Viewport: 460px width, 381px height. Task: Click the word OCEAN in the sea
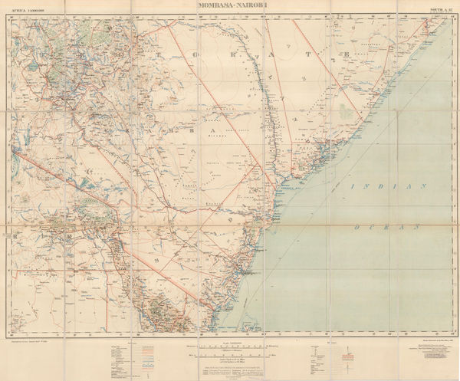click(388, 228)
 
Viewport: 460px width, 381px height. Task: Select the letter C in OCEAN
click(372, 228)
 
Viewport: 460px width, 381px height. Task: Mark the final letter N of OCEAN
click(420, 228)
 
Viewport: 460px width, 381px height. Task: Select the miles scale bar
click(230, 356)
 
